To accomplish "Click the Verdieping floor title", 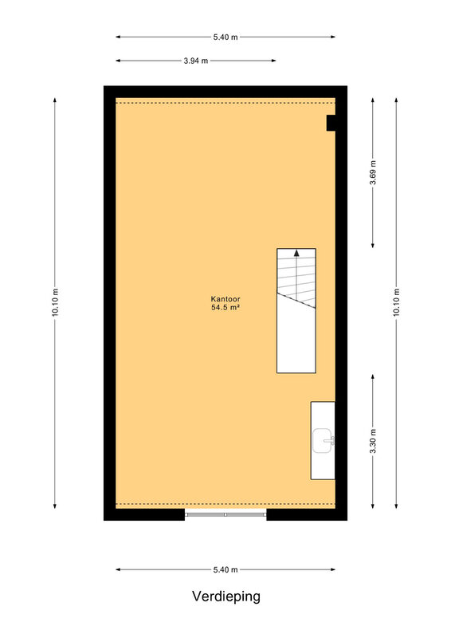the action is point(226,597).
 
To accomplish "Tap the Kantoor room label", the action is point(225,299).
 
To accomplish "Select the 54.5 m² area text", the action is point(225,308).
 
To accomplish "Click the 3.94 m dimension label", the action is point(195,61).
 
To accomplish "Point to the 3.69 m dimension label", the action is point(373,172).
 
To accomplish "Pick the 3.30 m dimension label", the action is point(373,441).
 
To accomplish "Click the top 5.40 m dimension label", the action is point(225,37).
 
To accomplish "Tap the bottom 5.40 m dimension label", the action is point(225,569).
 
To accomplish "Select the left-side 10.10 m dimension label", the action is point(55,302).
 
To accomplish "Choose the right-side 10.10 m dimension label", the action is point(396,302).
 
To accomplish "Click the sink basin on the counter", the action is point(323,441).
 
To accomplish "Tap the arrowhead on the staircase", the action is point(296,253).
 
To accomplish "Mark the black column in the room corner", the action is point(331,123).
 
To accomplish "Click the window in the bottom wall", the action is point(225,514).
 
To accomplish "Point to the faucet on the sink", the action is point(331,441).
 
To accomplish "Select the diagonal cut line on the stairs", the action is point(296,301).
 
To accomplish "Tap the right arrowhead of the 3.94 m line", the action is point(273,61).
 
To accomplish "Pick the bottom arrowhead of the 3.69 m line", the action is point(373,246).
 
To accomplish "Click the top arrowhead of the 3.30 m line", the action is point(373,377).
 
